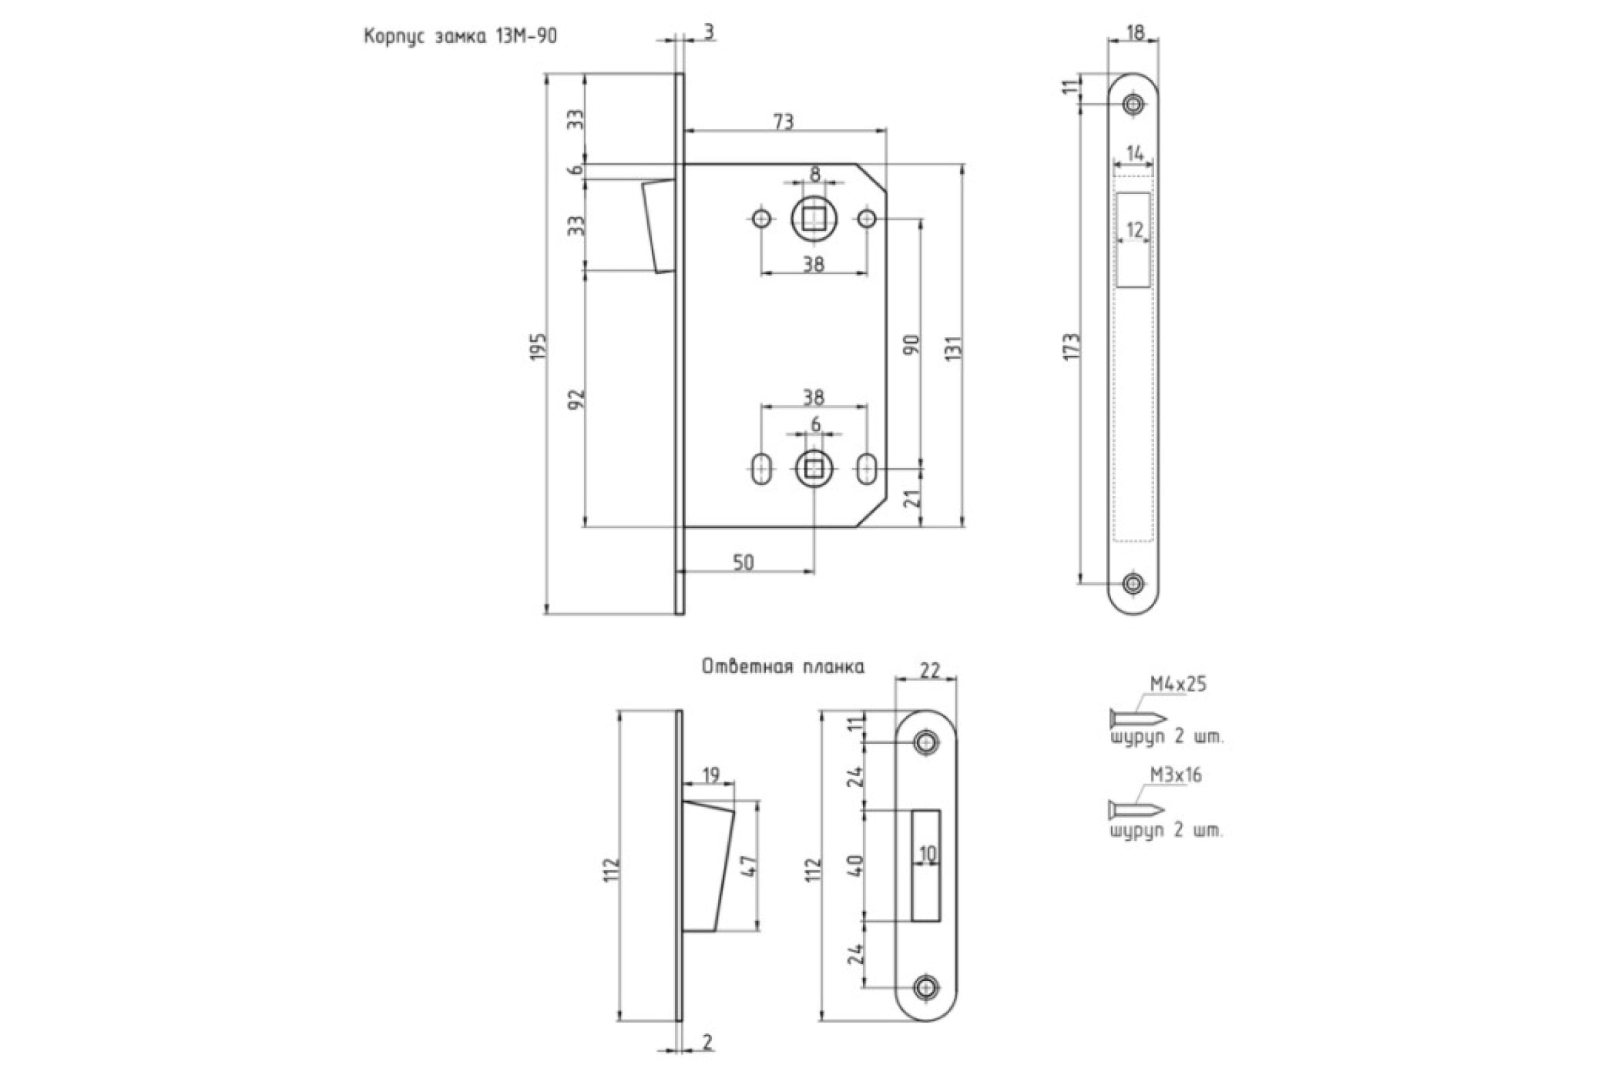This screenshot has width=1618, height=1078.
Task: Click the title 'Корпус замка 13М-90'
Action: click(460, 36)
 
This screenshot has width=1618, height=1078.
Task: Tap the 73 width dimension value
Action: click(783, 122)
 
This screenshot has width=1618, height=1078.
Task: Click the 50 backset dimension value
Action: click(743, 563)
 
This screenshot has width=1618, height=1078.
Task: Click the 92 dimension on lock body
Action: click(577, 399)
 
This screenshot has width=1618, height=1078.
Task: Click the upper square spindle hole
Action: click(814, 220)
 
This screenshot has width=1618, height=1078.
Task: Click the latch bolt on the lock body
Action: click(177, 227)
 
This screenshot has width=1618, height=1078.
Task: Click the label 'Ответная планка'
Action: click(783, 667)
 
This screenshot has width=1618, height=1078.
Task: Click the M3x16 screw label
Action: click(1176, 775)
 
